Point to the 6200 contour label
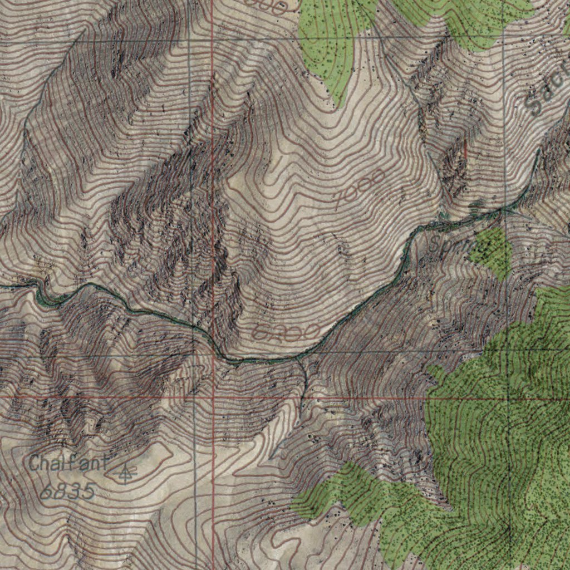coord(286,332)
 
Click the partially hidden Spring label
coord(452,244)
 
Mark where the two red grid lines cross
coord(214,398)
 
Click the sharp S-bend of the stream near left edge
coord(42,292)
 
